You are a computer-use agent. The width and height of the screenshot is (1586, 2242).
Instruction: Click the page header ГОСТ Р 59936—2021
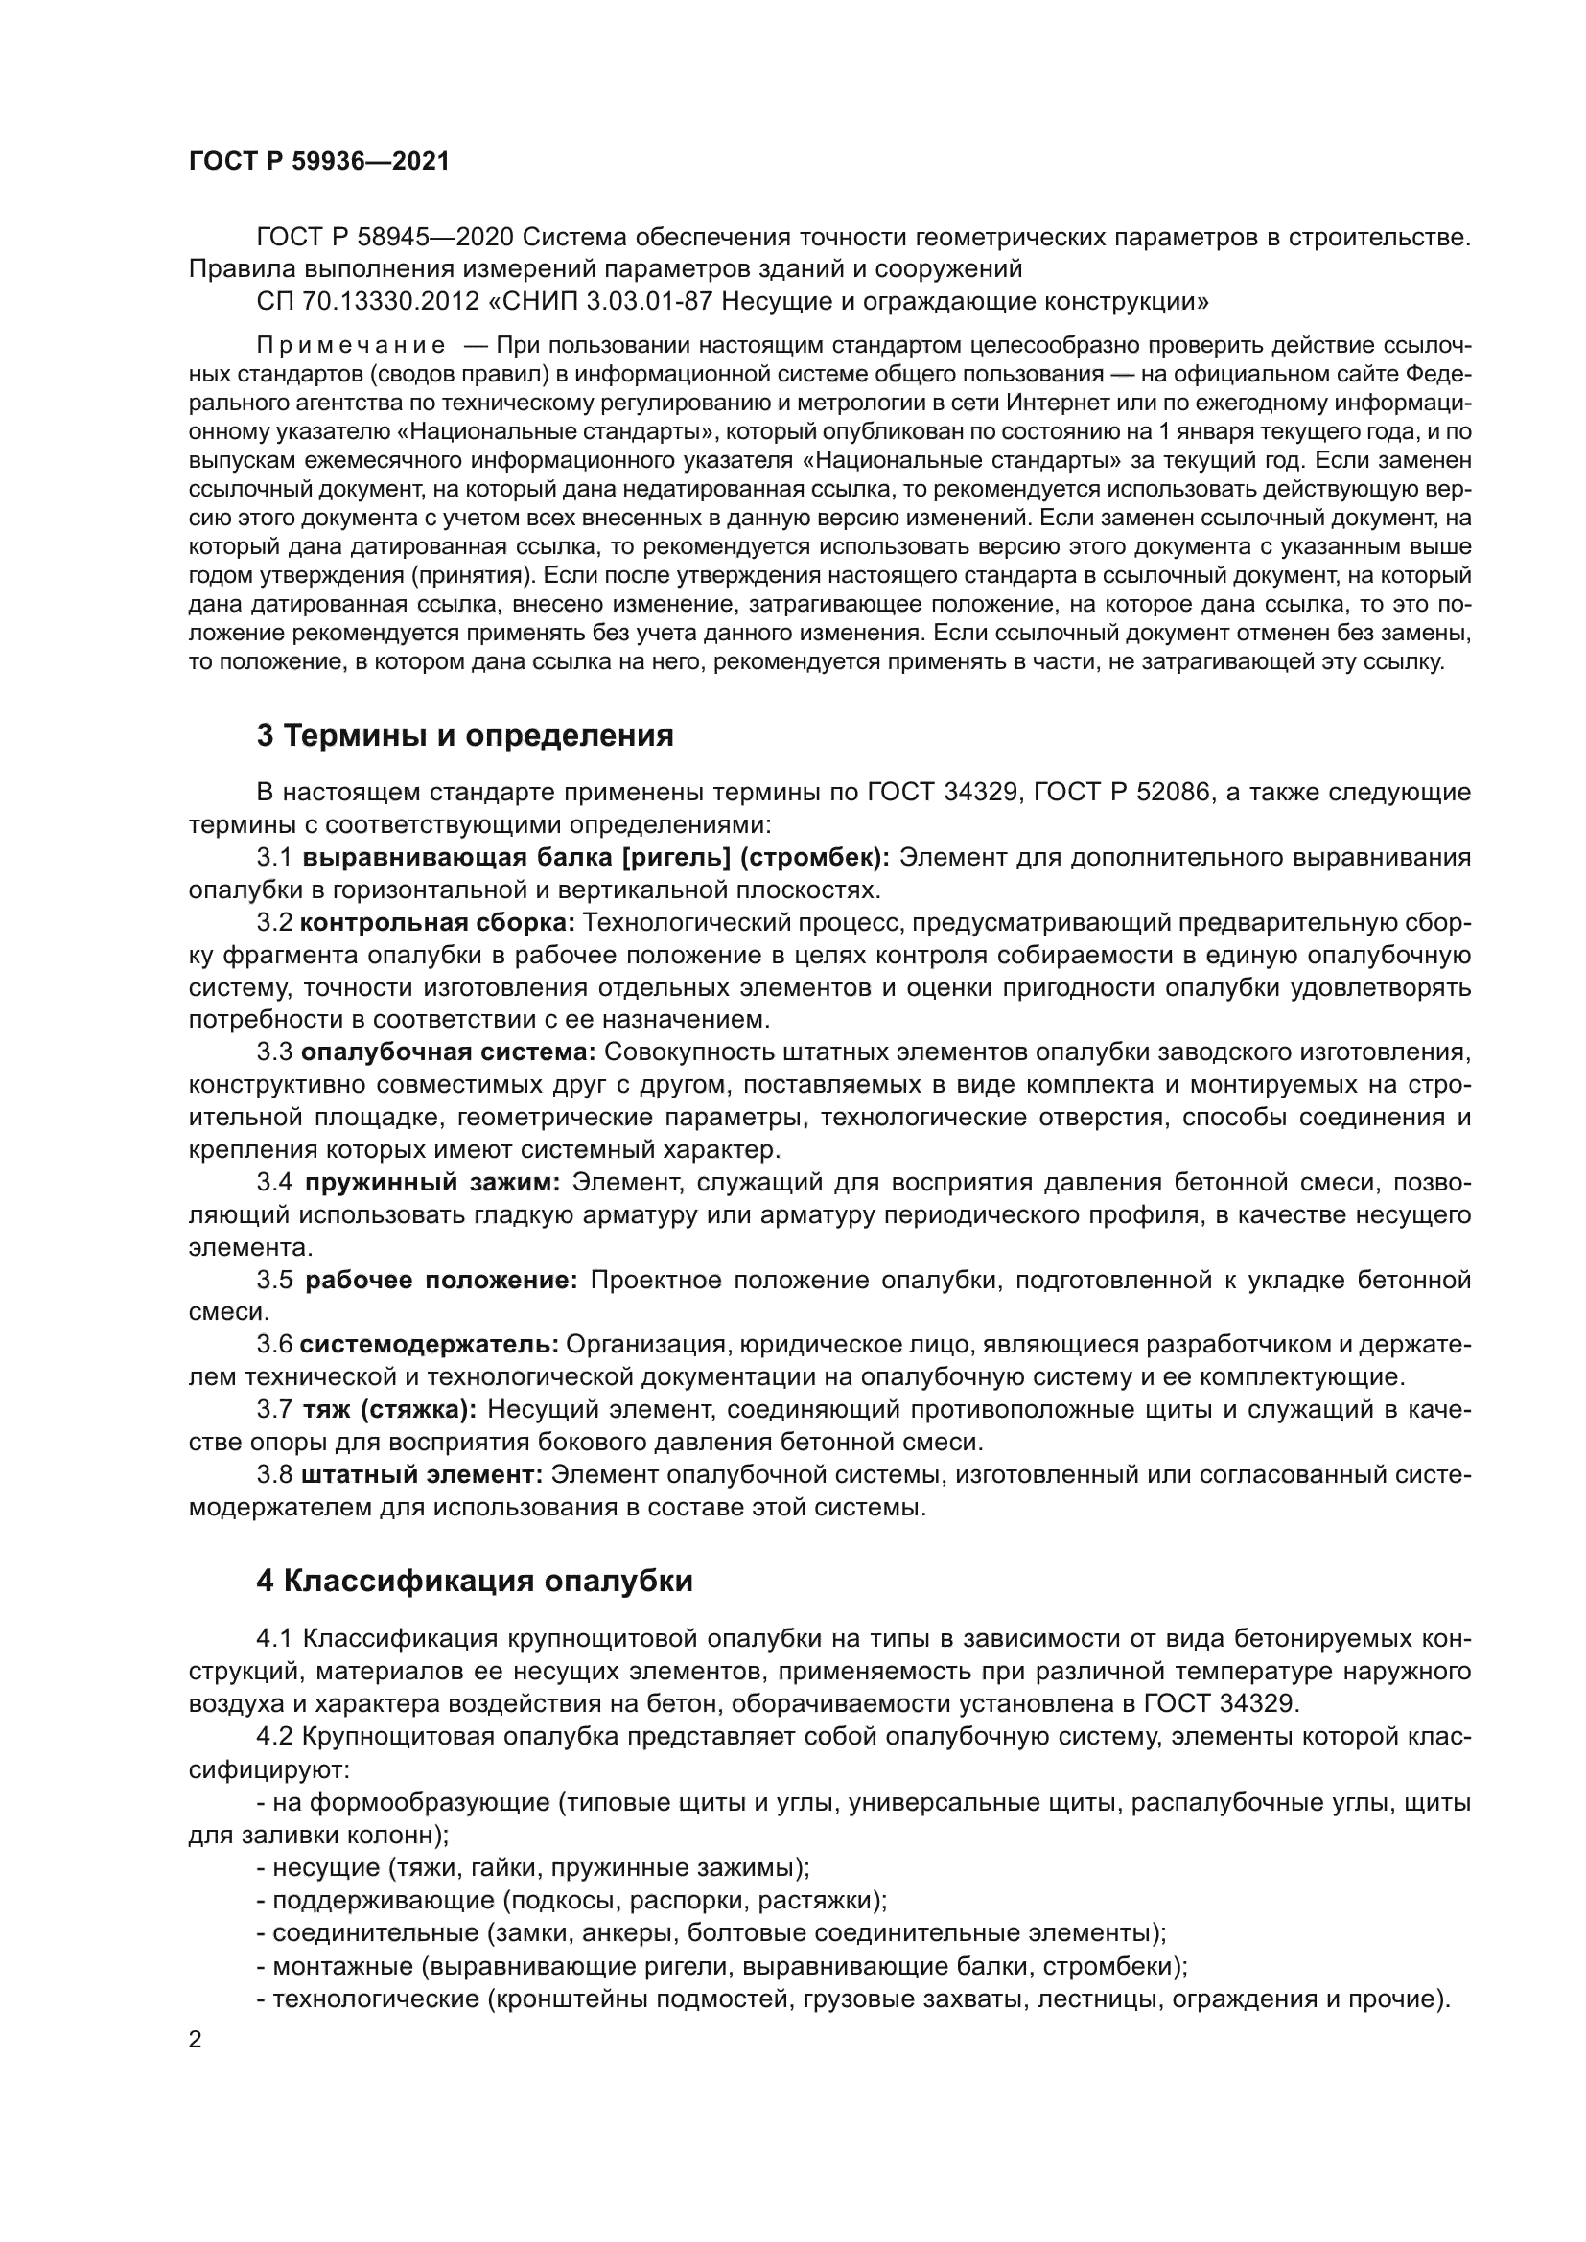click(x=318, y=161)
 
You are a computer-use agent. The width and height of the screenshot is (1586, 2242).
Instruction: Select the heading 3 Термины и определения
click(x=465, y=735)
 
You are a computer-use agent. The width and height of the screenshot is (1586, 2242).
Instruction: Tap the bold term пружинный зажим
click(x=432, y=1183)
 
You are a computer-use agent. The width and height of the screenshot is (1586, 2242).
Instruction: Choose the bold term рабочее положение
click(x=441, y=1281)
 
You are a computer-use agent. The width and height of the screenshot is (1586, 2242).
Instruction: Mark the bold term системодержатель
click(x=429, y=1345)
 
